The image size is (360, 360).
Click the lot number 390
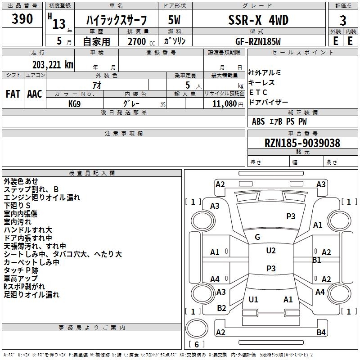point(22,18)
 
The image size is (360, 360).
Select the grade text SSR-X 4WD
point(258,20)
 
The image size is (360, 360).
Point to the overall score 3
point(343,21)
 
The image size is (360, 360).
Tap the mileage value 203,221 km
point(53,65)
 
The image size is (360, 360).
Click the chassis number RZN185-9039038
point(302,143)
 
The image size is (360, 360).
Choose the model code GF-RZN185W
point(258,41)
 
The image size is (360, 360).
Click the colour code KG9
point(74,104)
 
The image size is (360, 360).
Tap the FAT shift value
point(13,94)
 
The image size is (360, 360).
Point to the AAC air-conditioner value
point(35,94)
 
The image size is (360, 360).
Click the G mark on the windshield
point(257,237)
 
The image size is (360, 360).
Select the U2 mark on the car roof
point(271,251)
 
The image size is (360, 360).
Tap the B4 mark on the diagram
point(321,332)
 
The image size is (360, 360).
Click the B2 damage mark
point(221,308)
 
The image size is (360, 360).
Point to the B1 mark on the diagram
point(317,260)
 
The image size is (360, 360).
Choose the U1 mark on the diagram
point(253,299)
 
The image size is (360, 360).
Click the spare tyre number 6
point(197,344)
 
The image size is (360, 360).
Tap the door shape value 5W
point(174,20)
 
